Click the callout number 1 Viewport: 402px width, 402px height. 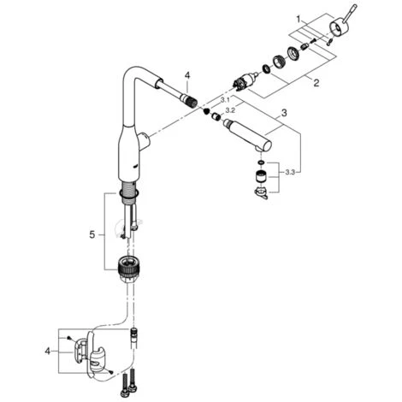(x=299, y=20)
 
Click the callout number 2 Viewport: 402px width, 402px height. (x=316, y=83)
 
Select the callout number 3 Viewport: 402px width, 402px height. (x=284, y=113)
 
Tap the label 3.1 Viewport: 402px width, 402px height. (x=225, y=100)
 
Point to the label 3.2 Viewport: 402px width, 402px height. (x=230, y=110)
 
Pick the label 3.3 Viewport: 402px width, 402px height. (x=290, y=172)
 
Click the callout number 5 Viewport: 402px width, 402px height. (x=92, y=235)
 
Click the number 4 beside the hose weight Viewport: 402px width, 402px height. (x=47, y=351)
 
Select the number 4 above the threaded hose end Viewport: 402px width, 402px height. (x=187, y=75)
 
